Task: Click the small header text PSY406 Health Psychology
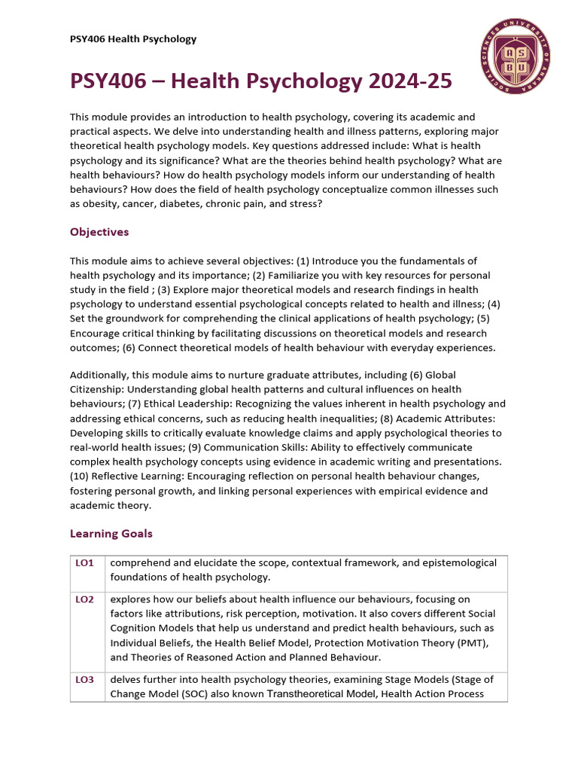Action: tap(133, 39)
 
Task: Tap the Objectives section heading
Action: tap(99, 232)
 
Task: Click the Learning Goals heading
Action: tap(111, 533)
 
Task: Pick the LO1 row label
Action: tap(84, 563)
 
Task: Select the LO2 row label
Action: tap(84, 599)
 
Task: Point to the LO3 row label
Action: tap(84, 679)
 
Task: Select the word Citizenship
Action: tap(99, 389)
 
